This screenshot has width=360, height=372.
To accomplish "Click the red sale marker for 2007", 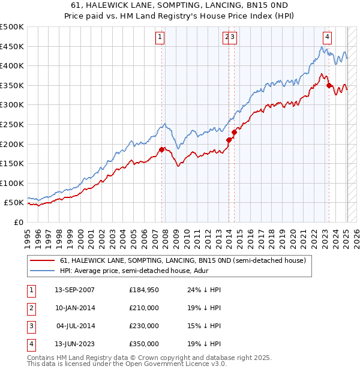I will pyautogui.click(x=161, y=149).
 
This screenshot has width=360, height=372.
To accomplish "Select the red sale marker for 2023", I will pyautogui.click(x=329, y=85).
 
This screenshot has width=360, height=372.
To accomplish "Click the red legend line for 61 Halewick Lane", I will pyautogui.click(x=43, y=260).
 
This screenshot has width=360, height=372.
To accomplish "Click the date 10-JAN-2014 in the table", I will pyautogui.click(x=74, y=308).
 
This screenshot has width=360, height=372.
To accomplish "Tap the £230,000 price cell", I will pyautogui.click(x=144, y=326).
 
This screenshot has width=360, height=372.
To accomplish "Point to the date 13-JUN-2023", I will pyautogui.click(x=74, y=344).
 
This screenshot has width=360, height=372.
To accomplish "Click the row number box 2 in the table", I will pyautogui.click(x=31, y=308).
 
